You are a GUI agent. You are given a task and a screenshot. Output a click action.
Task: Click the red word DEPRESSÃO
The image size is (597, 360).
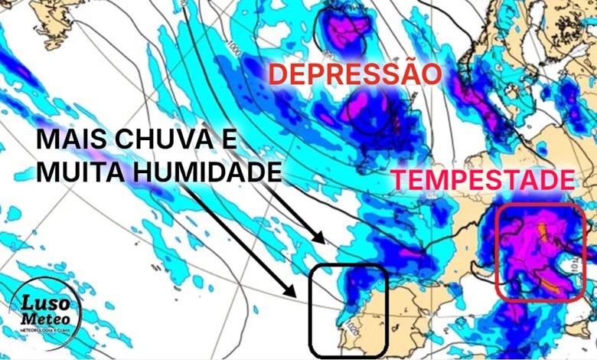pyautogui.click(x=356, y=75)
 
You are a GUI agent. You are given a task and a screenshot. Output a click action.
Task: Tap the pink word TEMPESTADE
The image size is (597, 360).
pyautogui.click(x=484, y=181)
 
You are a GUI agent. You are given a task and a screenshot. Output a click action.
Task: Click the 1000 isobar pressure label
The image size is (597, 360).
pyautogui.click(x=234, y=49)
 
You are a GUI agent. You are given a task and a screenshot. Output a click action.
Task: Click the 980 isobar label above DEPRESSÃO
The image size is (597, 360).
pyautogui.click(x=328, y=54)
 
